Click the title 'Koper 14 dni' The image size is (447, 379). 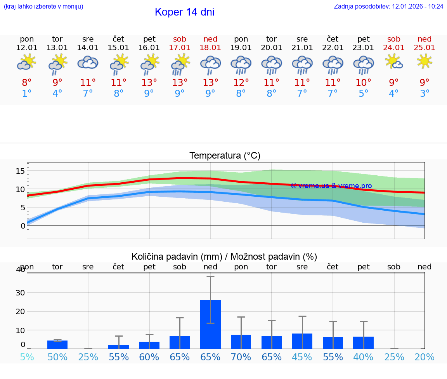tap(184, 12)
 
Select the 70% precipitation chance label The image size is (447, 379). tap(241, 357)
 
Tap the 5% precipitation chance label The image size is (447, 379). tap(27, 357)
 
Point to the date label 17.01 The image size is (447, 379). tap(180, 48)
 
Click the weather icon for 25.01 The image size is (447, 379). tap(424, 61)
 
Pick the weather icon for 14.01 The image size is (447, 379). tap(88, 63)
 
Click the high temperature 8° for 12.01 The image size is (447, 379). tap(27, 82)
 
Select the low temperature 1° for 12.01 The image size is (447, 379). tap(27, 94)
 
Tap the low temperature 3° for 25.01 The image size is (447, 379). tap(424, 94)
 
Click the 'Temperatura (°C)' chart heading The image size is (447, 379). tap(225, 156)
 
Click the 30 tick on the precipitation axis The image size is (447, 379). tap(20, 292)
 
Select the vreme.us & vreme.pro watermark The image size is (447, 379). tap(331, 186)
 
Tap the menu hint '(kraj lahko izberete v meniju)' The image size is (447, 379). tap(43, 7)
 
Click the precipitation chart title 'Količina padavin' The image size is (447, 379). tap(224, 257)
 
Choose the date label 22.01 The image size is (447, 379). tap(333, 48)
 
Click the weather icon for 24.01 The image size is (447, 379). tap(394, 62)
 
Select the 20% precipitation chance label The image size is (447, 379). tap(424, 357)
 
